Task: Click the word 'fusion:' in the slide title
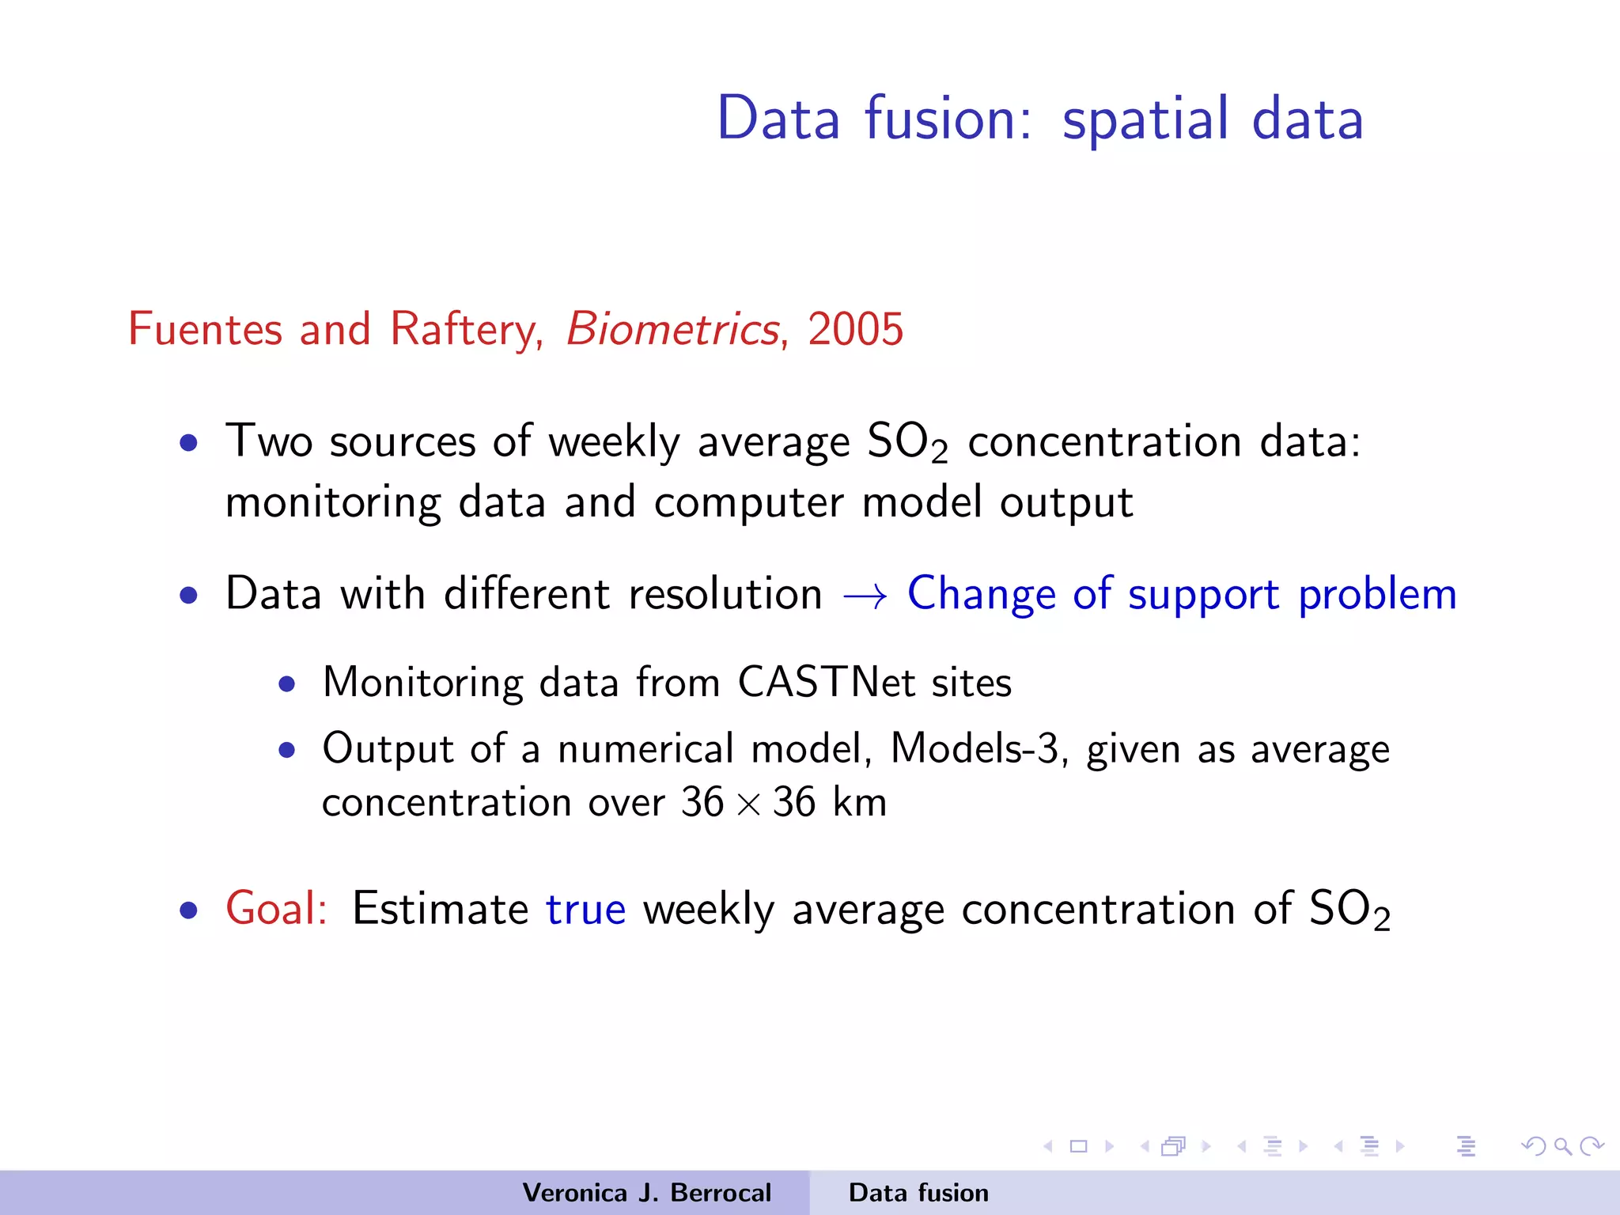pyautogui.click(x=948, y=119)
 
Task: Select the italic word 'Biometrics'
pyautogui.click(x=673, y=329)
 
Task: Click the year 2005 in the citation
pyautogui.click(x=855, y=329)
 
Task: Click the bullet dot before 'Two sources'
pyautogui.click(x=188, y=443)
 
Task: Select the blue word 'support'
pyautogui.click(x=1202, y=595)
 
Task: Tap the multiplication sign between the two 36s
pyautogui.click(x=748, y=804)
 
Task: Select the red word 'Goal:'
pyautogui.click(x=276, y=908)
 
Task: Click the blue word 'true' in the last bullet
pyautogui.click(x=585, y=910)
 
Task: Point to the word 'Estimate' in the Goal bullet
pyautogui.click(x=440, y=908)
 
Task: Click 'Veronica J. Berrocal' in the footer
pyautogui.click(x=646, y=1193)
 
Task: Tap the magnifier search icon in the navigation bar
pyautogui.click(x=1561, y=1146)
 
